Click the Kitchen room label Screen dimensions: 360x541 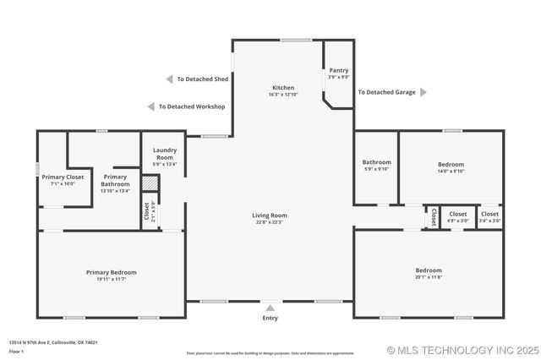(283, 88)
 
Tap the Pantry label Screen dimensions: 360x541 (339, 71)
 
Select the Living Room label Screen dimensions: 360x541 (270, 215)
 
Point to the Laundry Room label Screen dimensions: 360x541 (164, 154)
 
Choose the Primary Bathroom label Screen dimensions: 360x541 (115, 180)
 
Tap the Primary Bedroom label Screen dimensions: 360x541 (111, 272)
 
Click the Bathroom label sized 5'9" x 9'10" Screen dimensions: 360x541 (377, 162)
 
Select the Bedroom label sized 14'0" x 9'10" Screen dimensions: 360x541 (451, 164)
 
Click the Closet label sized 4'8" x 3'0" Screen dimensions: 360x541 (458, 215)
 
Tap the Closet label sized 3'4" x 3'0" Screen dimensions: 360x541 (489, 215)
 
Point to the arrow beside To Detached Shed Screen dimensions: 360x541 (169, 79)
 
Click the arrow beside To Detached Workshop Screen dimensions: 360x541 (151, 107)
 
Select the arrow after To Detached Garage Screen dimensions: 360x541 (424, 92)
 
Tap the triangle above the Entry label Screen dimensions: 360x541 (270, 308)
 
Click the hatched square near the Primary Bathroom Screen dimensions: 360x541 (150, 183)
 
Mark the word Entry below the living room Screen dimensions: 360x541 (270, 318)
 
